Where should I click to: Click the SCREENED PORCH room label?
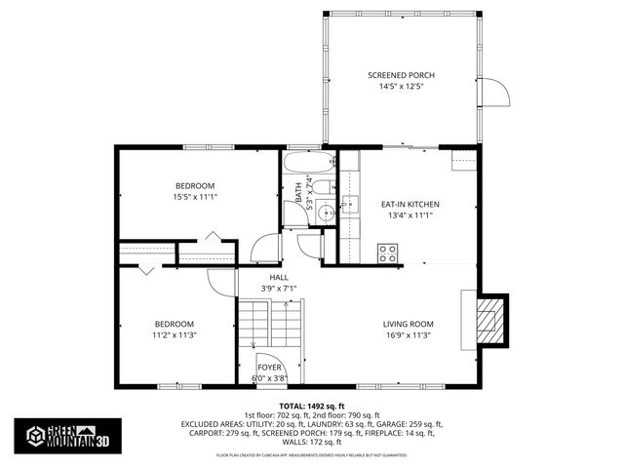[x=401, y=75]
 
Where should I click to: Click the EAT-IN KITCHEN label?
[x=409, y=204]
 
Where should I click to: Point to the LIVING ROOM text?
[x=408, y=324]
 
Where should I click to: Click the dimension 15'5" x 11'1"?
[x=195, y=197]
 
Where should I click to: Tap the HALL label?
[x=279, y=277]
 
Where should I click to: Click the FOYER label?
[x=269, y=368]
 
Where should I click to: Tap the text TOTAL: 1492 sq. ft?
[x=312, y=405]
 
